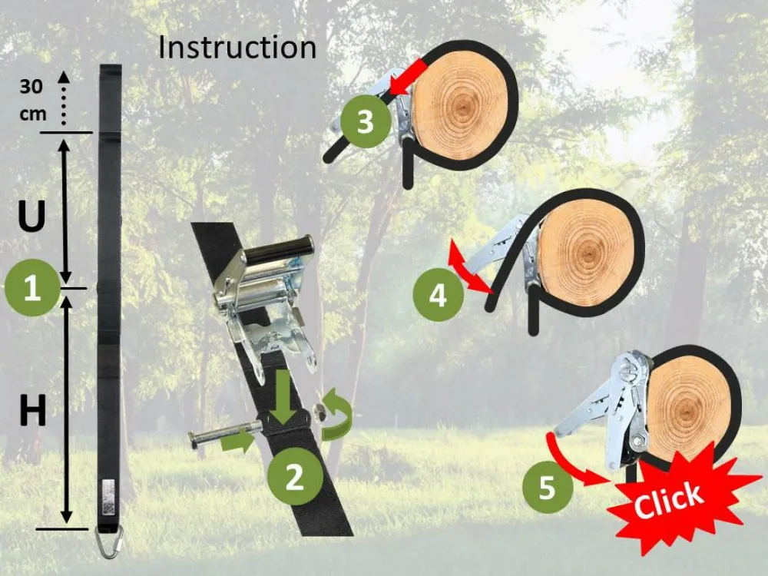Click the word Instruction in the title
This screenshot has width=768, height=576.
click(x=237, y=48)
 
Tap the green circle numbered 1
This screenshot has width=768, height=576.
click(x=32, y=287)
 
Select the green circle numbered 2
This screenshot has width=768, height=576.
click(x=296, y=476)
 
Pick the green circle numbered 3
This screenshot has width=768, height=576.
click(x=366, y=121)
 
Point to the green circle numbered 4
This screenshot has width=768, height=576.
click(x=438, y=295)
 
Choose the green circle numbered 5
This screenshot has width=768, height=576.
click(x=548, y=488)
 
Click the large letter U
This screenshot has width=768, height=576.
click(x=31, y=216)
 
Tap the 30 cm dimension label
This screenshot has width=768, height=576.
click(x=33, y=100)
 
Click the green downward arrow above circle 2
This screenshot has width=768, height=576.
click(x=283, y=398)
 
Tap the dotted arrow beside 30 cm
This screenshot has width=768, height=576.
click(x=64, y=98)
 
